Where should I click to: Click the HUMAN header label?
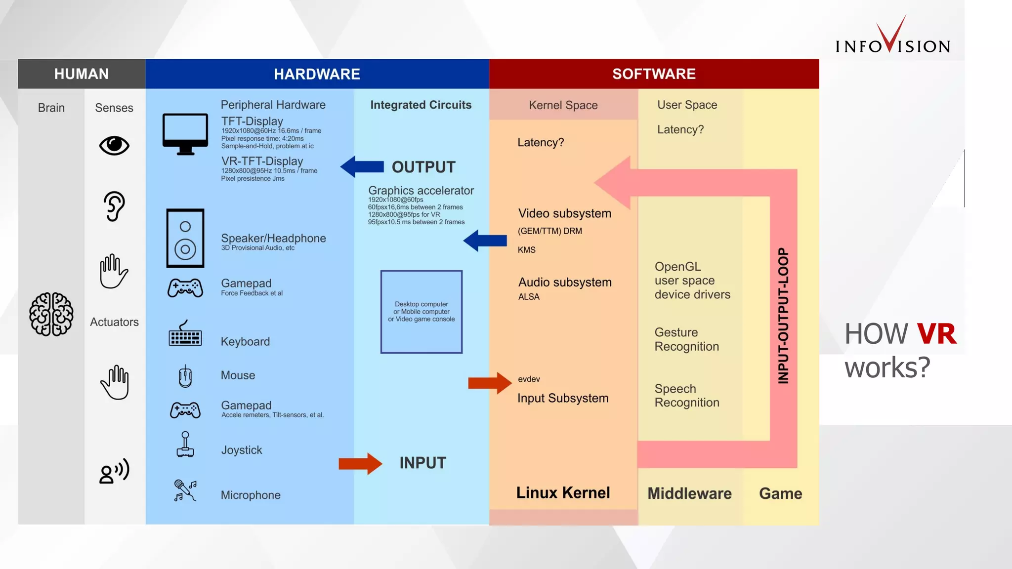point(82,74)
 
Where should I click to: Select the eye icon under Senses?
point(114,146)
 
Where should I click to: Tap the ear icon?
point(114,206)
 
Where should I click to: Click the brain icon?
point(51,315)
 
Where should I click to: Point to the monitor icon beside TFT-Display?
point(185,134)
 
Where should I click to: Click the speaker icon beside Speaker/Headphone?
point(185,238)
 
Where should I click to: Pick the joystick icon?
point(185,445)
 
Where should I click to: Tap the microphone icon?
point(185,490)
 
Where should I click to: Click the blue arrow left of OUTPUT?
point(363,167)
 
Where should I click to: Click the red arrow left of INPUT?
point(360,464)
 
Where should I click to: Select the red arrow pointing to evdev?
point(489,383)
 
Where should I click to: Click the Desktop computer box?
point(422,312)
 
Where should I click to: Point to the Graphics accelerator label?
point(421,191)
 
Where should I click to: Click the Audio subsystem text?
point(565,283)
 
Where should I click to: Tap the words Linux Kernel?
point(563,493)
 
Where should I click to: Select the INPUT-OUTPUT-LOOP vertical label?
point(783,316)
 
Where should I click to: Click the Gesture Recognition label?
point(686,339)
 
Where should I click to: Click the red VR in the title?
point(936,334)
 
